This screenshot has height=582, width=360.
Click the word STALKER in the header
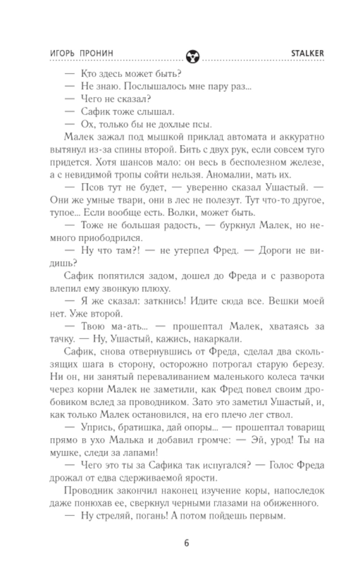[307, 53]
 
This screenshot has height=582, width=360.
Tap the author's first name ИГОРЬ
[62, 53]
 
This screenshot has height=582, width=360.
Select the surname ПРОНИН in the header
[96, 53]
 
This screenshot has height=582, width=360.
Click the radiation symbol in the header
[193, 56]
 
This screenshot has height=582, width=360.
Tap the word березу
[306, 364]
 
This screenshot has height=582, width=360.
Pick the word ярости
[200, 478]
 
